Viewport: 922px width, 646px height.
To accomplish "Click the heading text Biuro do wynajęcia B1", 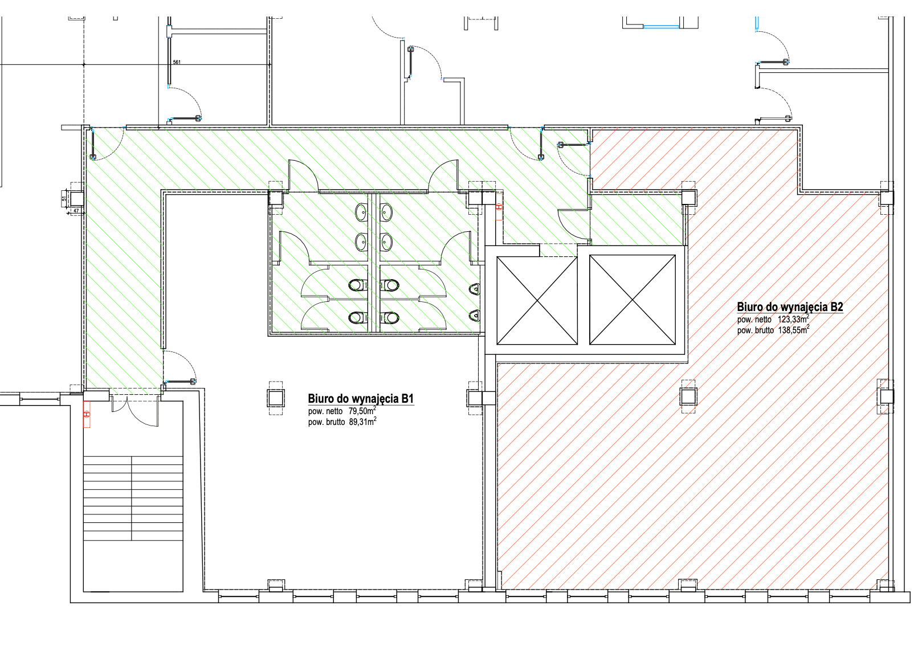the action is [361, 398].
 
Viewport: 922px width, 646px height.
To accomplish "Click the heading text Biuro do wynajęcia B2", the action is [790, 306].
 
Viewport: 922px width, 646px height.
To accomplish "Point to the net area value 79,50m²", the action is [362, 411].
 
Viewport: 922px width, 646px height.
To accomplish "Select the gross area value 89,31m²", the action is [362, 422].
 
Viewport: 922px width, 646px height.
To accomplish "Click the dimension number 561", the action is [177, 62].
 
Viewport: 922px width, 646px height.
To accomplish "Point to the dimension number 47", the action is [76, 211].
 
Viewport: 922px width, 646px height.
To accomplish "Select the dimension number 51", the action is [64, 198].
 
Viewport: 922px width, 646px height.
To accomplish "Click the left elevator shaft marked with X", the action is [537, 301].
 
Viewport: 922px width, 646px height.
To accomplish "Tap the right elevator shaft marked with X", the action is [632, 300].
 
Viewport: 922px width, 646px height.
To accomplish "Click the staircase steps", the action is [133, 498].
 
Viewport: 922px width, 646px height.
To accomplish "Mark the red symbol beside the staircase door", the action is [87, 414].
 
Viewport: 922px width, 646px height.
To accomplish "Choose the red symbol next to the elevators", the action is [499, 207].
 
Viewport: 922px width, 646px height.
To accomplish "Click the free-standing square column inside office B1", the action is [276, 398].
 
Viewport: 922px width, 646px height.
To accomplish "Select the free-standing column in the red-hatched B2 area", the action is [688, 396].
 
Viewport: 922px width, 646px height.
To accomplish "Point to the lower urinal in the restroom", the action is [475, 316].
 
